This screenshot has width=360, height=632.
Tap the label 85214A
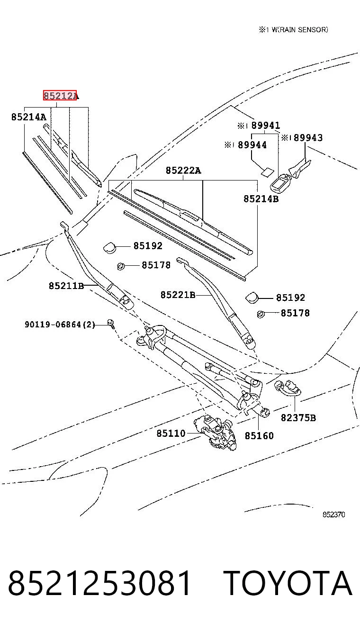click(x=28, y=117)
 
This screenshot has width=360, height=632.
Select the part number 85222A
click(x=183, y=171)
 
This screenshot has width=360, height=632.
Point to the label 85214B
click(x=261, y=199)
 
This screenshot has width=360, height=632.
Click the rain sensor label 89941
click(x=265, y=125)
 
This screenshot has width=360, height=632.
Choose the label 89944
click(x=252, y=145)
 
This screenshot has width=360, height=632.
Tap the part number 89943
click(x=308, y=138)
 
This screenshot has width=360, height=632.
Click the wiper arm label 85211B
click(x=66, y=286)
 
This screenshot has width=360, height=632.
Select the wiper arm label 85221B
click(x=178, y=295)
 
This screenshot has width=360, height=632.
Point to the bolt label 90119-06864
click(x=53, y=325)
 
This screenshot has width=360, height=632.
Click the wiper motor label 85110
click(x=171, y=433)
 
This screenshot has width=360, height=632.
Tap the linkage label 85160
click(x=259, y=436)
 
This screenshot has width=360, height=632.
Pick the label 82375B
click(x=298, y=418)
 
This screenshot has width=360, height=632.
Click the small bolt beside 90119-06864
click(x=110, y=324)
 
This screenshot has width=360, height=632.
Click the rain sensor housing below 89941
click(x=280, y=182)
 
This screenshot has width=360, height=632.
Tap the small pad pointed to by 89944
click(x=267, y=172)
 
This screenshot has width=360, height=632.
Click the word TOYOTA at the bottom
click(x=288, y=583)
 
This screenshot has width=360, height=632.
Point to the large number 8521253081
click(x=99, y=583)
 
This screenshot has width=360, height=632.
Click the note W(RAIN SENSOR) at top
click(x=300, y=30)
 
